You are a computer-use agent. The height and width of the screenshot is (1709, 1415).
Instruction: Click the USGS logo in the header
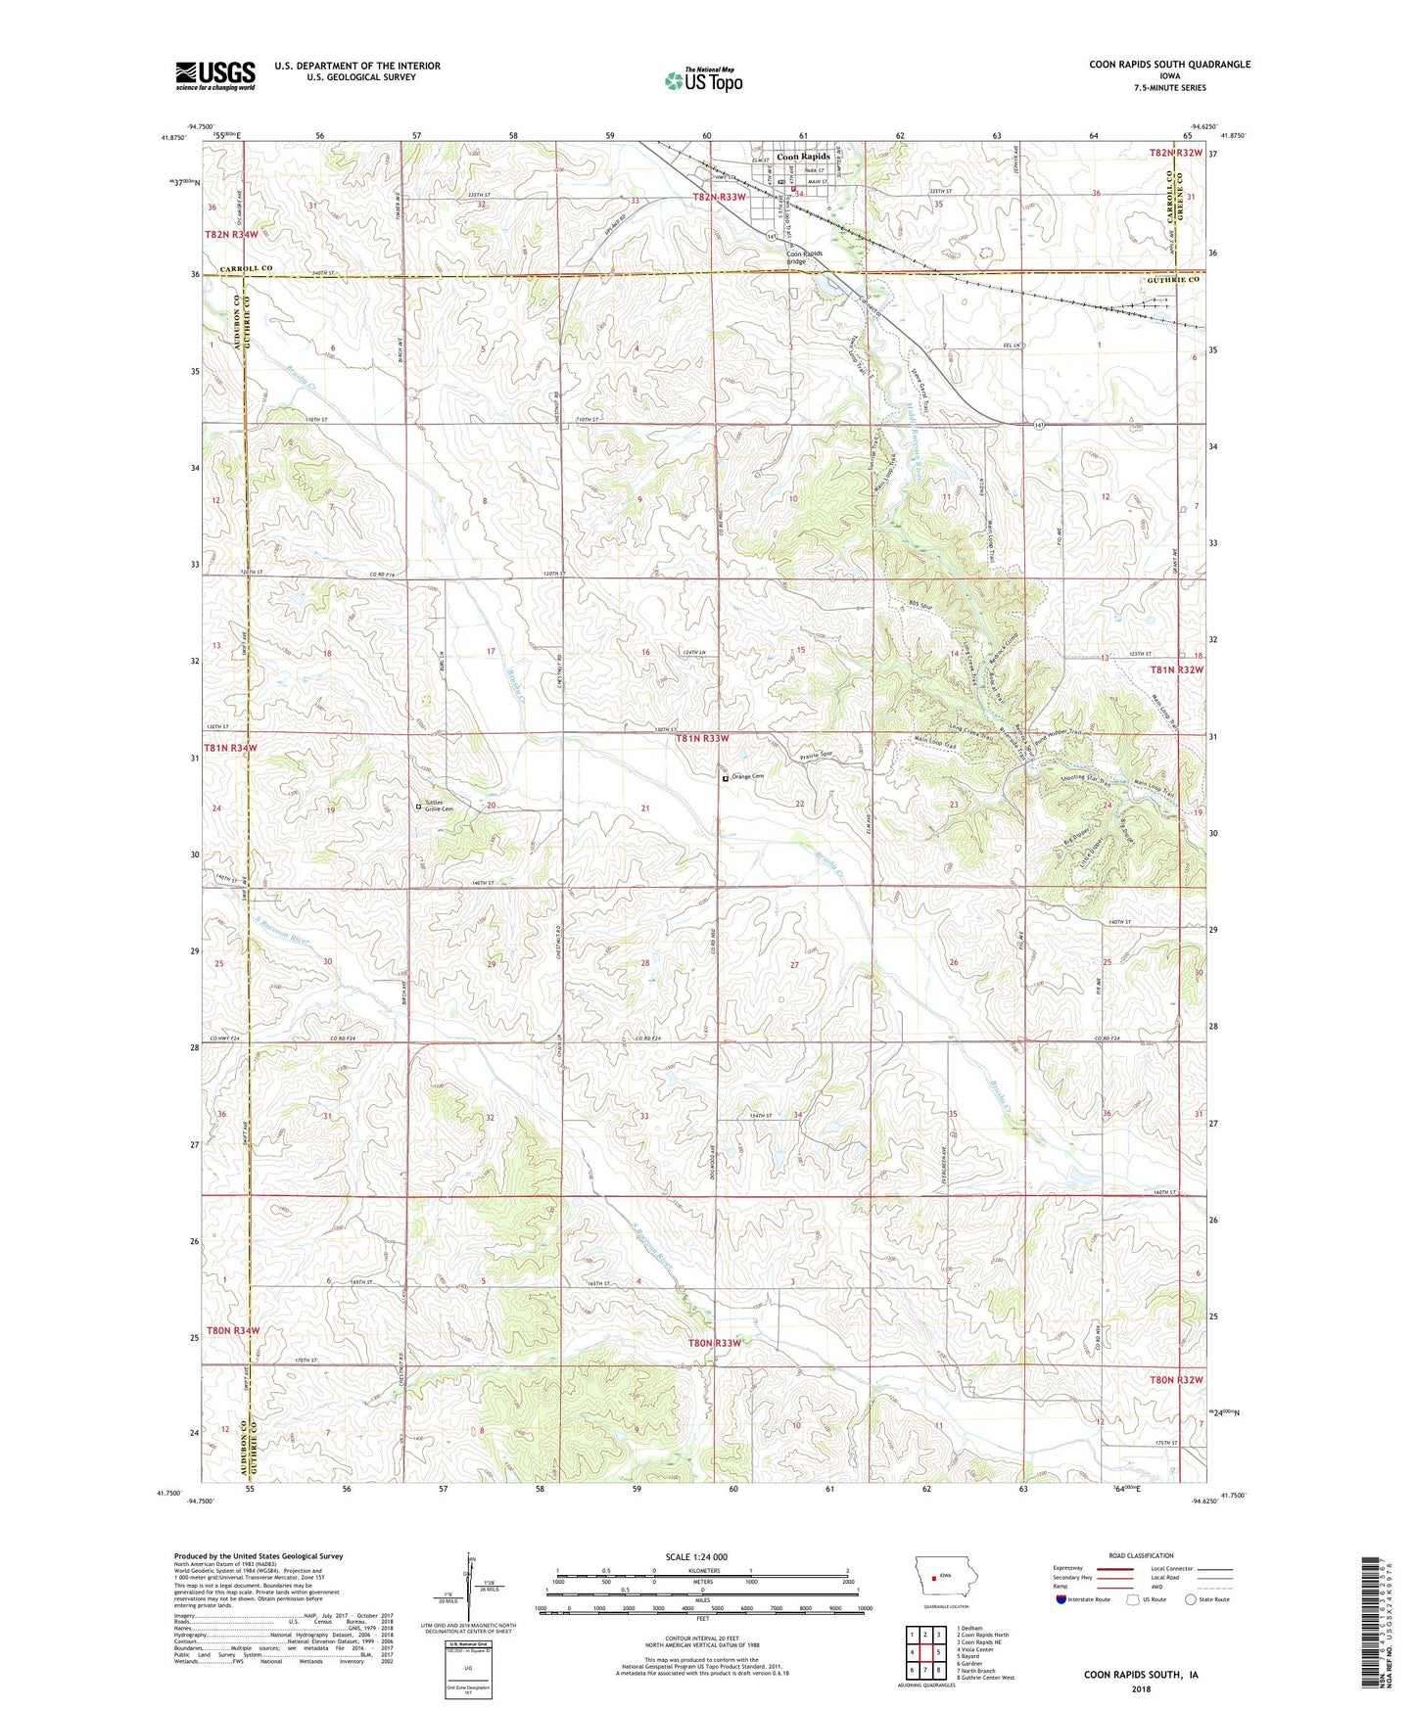pos(214,74)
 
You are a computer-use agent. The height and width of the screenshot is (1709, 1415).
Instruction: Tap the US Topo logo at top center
pos(703,80)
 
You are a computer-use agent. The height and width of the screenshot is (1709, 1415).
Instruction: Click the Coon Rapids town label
pos(803,157)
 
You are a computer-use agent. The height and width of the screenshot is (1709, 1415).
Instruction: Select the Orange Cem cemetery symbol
pos(726,780)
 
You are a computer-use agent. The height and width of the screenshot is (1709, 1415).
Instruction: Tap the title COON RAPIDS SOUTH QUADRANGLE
pos(1169,65)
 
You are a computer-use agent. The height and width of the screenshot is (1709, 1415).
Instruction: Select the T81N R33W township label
pos(702,739)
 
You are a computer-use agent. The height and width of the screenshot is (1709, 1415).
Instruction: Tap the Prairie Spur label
pos(816,755)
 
